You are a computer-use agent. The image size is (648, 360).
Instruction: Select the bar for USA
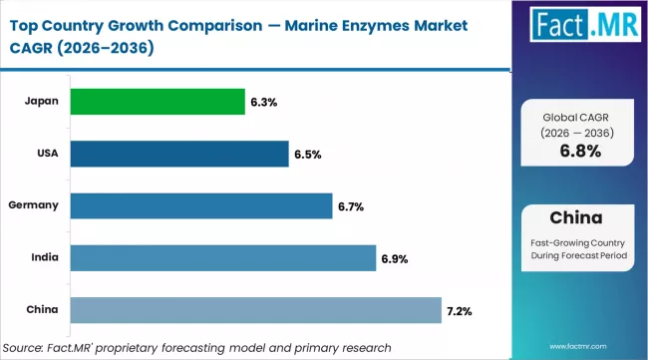coord(178,154)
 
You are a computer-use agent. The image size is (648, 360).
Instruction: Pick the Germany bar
coord(200,205)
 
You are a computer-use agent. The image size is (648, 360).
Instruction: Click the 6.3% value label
coord(263,103)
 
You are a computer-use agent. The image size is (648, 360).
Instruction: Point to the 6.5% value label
coord(307,155)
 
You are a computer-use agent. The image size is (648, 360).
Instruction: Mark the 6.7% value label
coord(351,206)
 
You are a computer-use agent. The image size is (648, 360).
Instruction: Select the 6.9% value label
coord(395,258)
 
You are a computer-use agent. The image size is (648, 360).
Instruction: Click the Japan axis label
coord(42,101)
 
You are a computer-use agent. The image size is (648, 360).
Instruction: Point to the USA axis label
coord(46,153)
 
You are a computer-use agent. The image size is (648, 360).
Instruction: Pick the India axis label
coord(44,256)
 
